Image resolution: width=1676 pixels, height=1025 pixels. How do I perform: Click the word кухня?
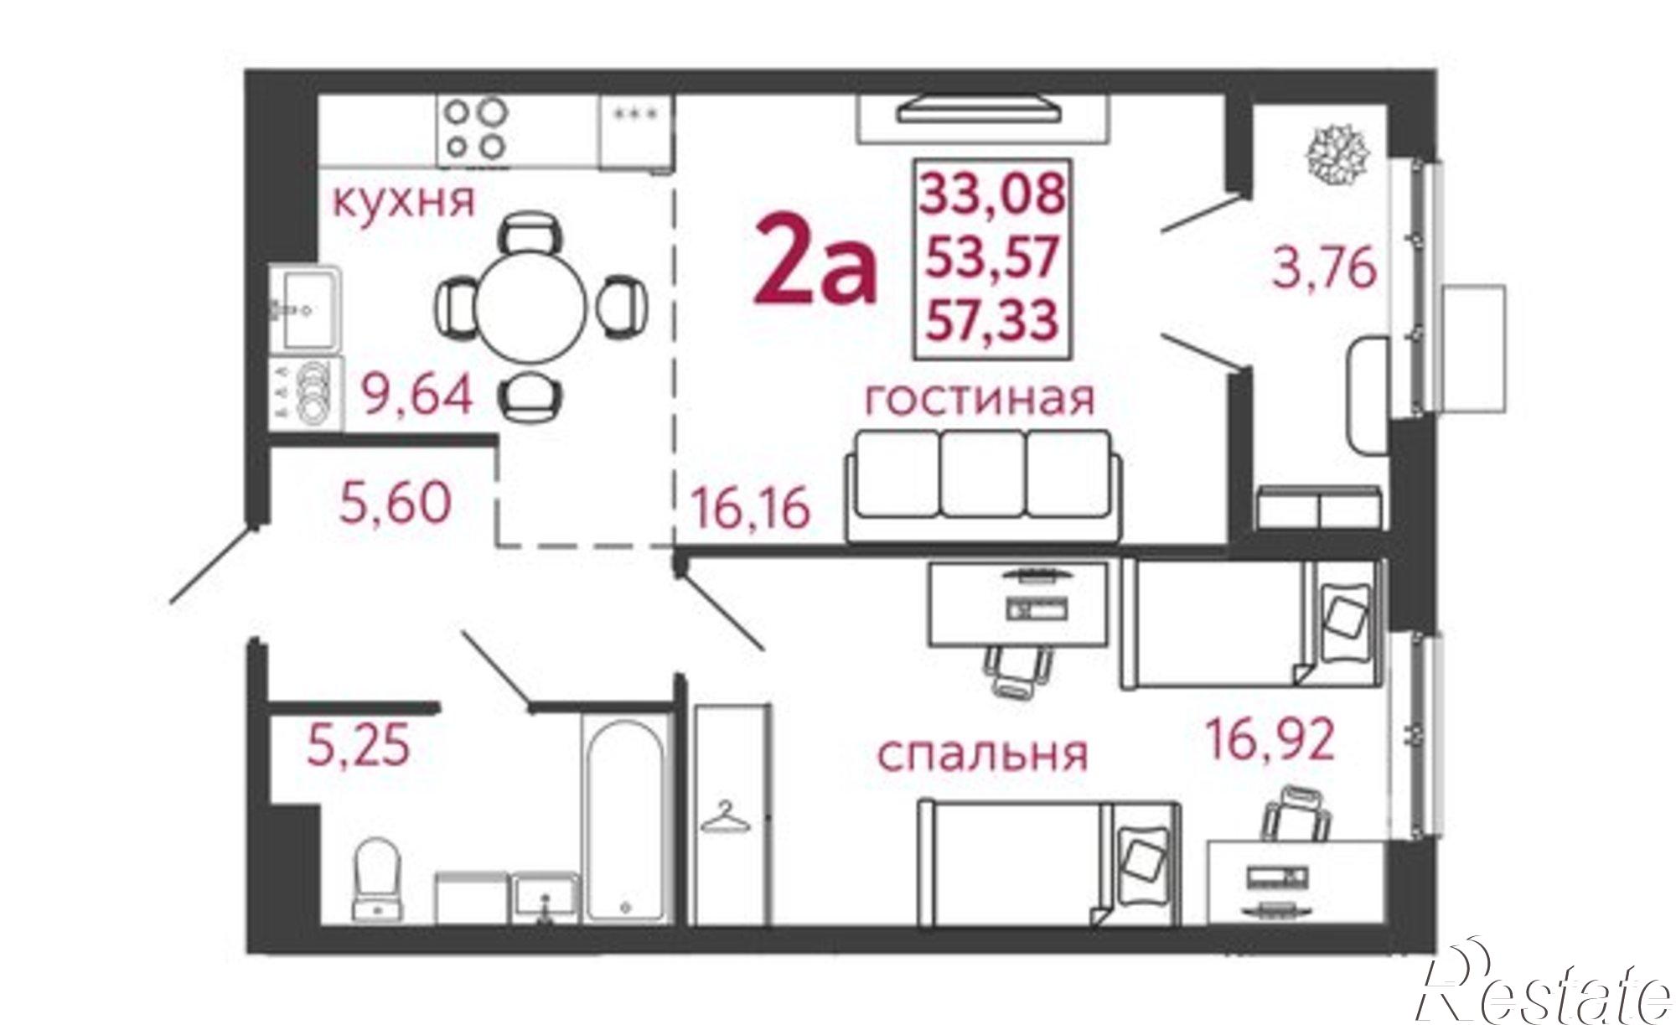coord(403,201)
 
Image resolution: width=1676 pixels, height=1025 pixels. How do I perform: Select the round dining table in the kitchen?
coord(531,307)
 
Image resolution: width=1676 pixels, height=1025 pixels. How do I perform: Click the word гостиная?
coord(979,398)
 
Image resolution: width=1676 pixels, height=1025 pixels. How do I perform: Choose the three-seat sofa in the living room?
coord(983,486)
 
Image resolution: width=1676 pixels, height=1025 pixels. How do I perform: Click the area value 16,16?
coord(749,508)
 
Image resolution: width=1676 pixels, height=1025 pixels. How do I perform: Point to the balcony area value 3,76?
coord(1324,269)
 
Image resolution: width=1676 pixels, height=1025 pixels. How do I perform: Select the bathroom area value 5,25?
coord(359,746)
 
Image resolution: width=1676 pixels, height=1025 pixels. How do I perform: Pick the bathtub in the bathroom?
coord(624,821)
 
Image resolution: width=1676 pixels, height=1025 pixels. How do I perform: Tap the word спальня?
coord(982,754)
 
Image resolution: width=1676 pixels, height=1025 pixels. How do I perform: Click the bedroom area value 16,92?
coord(1269,739)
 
